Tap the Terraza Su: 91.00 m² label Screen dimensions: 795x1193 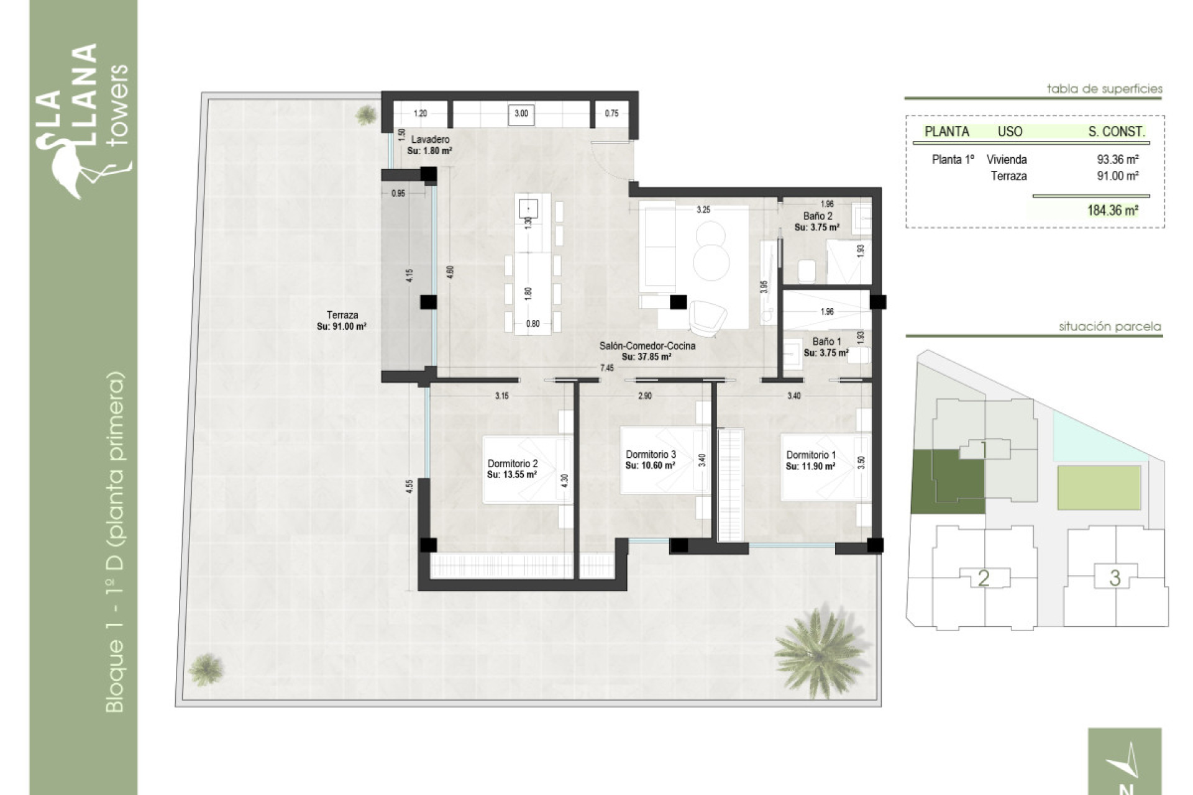coord(342,320)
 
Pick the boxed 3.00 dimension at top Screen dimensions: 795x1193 coord(521,114)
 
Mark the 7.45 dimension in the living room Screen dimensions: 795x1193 coord(606,368)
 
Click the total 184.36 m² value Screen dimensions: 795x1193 coord(1112,211)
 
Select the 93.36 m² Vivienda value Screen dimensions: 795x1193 coord(1117,160)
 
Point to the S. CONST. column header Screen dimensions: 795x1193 coord(1116,132)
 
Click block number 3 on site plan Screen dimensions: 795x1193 coord(1115,578)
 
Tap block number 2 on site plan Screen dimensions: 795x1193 coord(983,578)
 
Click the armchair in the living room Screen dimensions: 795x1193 coord(708,317)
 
